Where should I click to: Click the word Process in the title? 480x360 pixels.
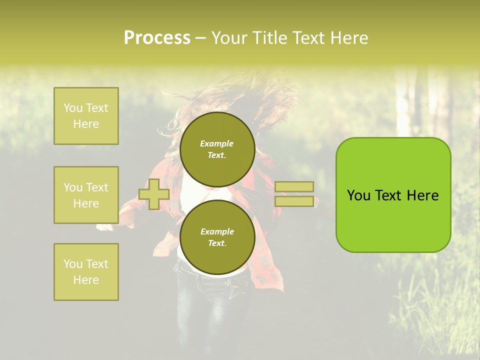(157, 38)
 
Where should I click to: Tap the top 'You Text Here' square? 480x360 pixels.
(86, 116)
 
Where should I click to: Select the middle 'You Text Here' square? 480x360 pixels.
(86, 195)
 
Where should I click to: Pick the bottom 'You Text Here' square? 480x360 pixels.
(86, 272)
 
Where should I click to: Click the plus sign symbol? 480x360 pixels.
(154, 194)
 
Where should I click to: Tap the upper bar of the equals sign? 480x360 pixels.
(294, 186)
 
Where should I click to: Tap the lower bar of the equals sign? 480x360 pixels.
(294, 201)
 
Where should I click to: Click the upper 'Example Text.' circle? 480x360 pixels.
(217, 149)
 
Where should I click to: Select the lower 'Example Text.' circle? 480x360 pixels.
(217, 237)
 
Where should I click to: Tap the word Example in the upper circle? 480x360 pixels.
(217, 143)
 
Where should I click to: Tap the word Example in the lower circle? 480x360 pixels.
(217, 231)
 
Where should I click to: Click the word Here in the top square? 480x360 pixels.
(86, 124)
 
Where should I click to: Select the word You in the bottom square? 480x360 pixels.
(73, 264)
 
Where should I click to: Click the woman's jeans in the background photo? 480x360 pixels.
(215, 310)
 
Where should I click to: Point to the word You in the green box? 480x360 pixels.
(358, 195)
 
